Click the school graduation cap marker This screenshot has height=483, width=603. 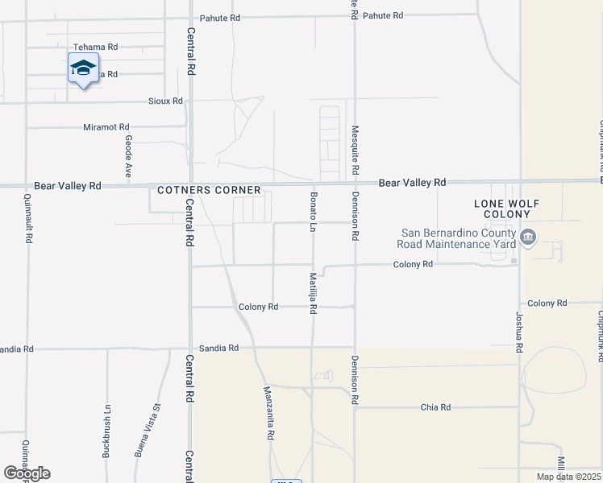[84, 69]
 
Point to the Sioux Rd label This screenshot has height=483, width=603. [165, 101]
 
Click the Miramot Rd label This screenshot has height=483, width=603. [106, 127]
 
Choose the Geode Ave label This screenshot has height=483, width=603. [128, 156]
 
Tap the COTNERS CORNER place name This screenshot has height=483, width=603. [209, 191]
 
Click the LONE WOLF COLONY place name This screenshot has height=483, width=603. [507, 209]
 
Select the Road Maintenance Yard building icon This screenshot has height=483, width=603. [530, 237]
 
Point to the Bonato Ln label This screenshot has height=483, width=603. [313, 211]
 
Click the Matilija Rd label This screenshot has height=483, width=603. [313, 292]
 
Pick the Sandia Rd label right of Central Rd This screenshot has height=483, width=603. [222, 349]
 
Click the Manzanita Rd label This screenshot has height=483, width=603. [269, 413]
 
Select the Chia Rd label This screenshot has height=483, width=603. [435, 407]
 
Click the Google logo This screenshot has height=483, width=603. [27, 473]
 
